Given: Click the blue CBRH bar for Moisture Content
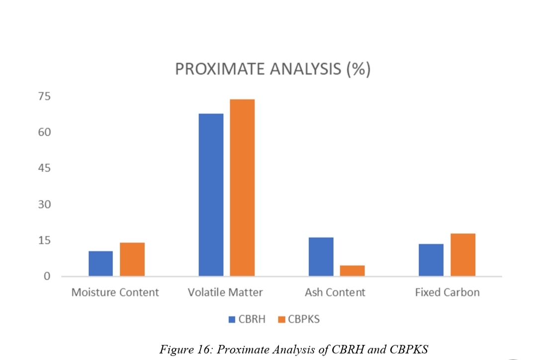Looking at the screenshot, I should (100, 264).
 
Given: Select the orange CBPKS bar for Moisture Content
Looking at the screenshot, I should (132, 259).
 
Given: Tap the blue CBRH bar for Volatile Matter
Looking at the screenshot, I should (211, 195).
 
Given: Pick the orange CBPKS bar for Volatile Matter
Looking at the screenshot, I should (242, 187).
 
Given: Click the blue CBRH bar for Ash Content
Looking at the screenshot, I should (321, 257).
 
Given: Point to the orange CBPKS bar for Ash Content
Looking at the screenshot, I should (353, 270).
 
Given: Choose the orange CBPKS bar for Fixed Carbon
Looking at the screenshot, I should (463, 255).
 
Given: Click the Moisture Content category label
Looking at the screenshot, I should (115, 292).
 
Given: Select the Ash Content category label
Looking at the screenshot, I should (335, 292).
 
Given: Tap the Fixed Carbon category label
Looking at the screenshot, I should (447, 292).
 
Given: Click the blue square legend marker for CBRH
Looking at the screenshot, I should (232, 320).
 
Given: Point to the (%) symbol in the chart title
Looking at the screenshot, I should (358, 69).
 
